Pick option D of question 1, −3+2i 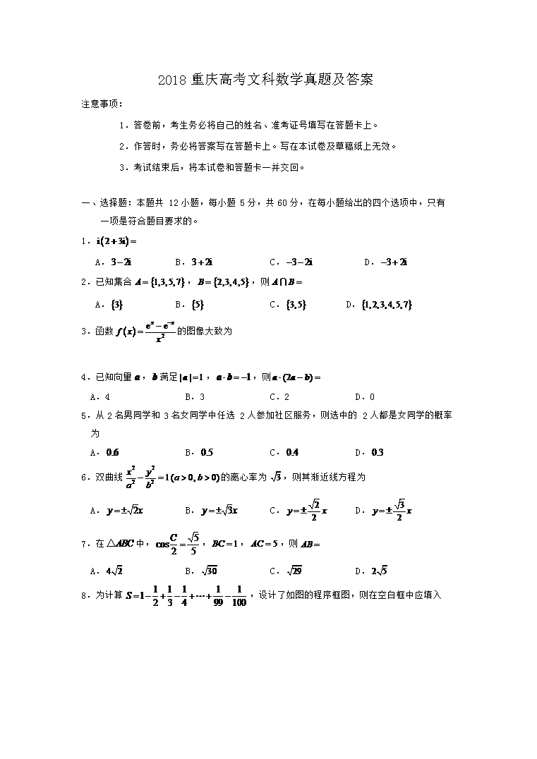tap(395, 262)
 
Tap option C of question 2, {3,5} tap(296, 305)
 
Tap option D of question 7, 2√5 tap(380, 571)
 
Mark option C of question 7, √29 tap(295, 571)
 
